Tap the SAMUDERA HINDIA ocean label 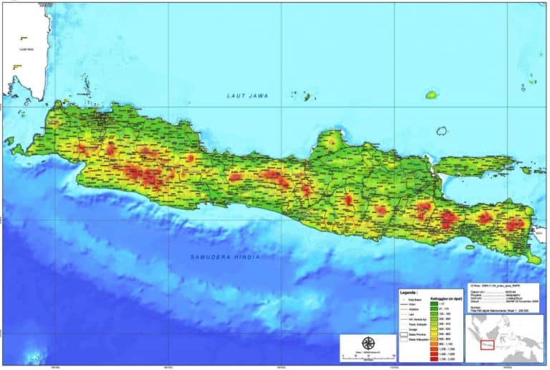(225, 256)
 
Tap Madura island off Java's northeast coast (473, 166)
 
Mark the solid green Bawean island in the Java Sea (432, 95)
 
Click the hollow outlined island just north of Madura (442, 131)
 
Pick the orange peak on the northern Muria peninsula (331, 142)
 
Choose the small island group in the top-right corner (531, 81)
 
